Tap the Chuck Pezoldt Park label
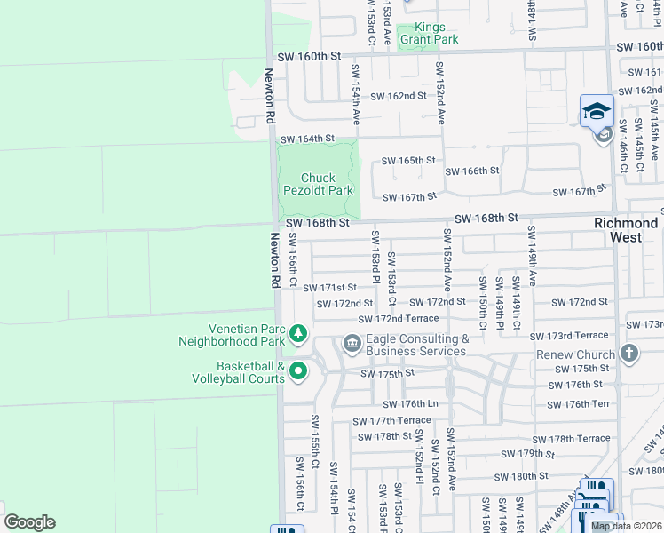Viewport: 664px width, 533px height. pyautogui.click(x=318, y=184)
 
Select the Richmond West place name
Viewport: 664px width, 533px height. pyautogui.click(x=626, y=230)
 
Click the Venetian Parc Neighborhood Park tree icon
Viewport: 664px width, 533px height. pyautogui.click(x=299, y=334)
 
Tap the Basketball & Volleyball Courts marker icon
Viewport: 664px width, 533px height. pyautogui.click(x=298, y=371)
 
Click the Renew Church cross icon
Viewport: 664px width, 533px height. pyautogui.click(x=629, y=354)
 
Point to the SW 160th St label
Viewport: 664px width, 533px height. pyautogui.click(x=309, y=55)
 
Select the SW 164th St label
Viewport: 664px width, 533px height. pyautogui.click(x=307, y=139)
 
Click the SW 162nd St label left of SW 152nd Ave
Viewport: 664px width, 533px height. pyautogui.click(x=399, y=96)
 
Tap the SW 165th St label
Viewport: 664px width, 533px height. pyautogui.click(x=408, y=161)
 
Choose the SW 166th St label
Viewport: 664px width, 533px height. pyautogui.click(x=472, y=171)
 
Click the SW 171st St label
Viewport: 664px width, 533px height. pyautogui.click(x=329, y=288)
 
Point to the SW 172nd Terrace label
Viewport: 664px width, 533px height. pyautogui.click(x=399, y=319)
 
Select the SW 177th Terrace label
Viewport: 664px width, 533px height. pyautogui.click(x=391, y=421)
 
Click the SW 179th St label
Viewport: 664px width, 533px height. pyautogui.click(x=528, y=453)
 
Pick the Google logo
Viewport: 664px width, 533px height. pyautogui.click(x=29, y=522)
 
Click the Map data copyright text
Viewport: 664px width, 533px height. pyautogui.click(x=627, y=527)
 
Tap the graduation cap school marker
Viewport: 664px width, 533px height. pyautogui.click(x=597, y=111)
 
